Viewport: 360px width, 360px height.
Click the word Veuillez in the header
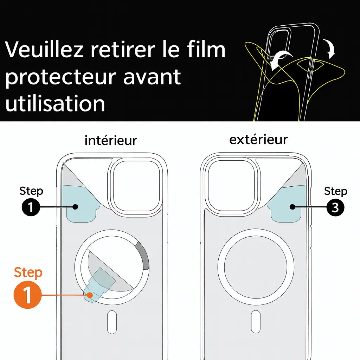[44, 50]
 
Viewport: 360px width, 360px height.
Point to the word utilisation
[55, 104]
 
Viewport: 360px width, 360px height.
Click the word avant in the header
[152, 77]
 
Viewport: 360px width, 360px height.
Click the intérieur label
[111, 141]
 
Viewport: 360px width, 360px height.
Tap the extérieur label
[258, 140]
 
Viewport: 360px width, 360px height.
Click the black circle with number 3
[335, 208]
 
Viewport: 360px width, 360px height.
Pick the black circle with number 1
[31, 208]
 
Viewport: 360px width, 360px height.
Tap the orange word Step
[28, 272]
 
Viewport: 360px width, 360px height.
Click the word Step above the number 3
[335, 191]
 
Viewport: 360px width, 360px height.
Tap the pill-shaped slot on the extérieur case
[256, 322]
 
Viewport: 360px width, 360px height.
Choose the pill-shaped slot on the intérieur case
[112, 322]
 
